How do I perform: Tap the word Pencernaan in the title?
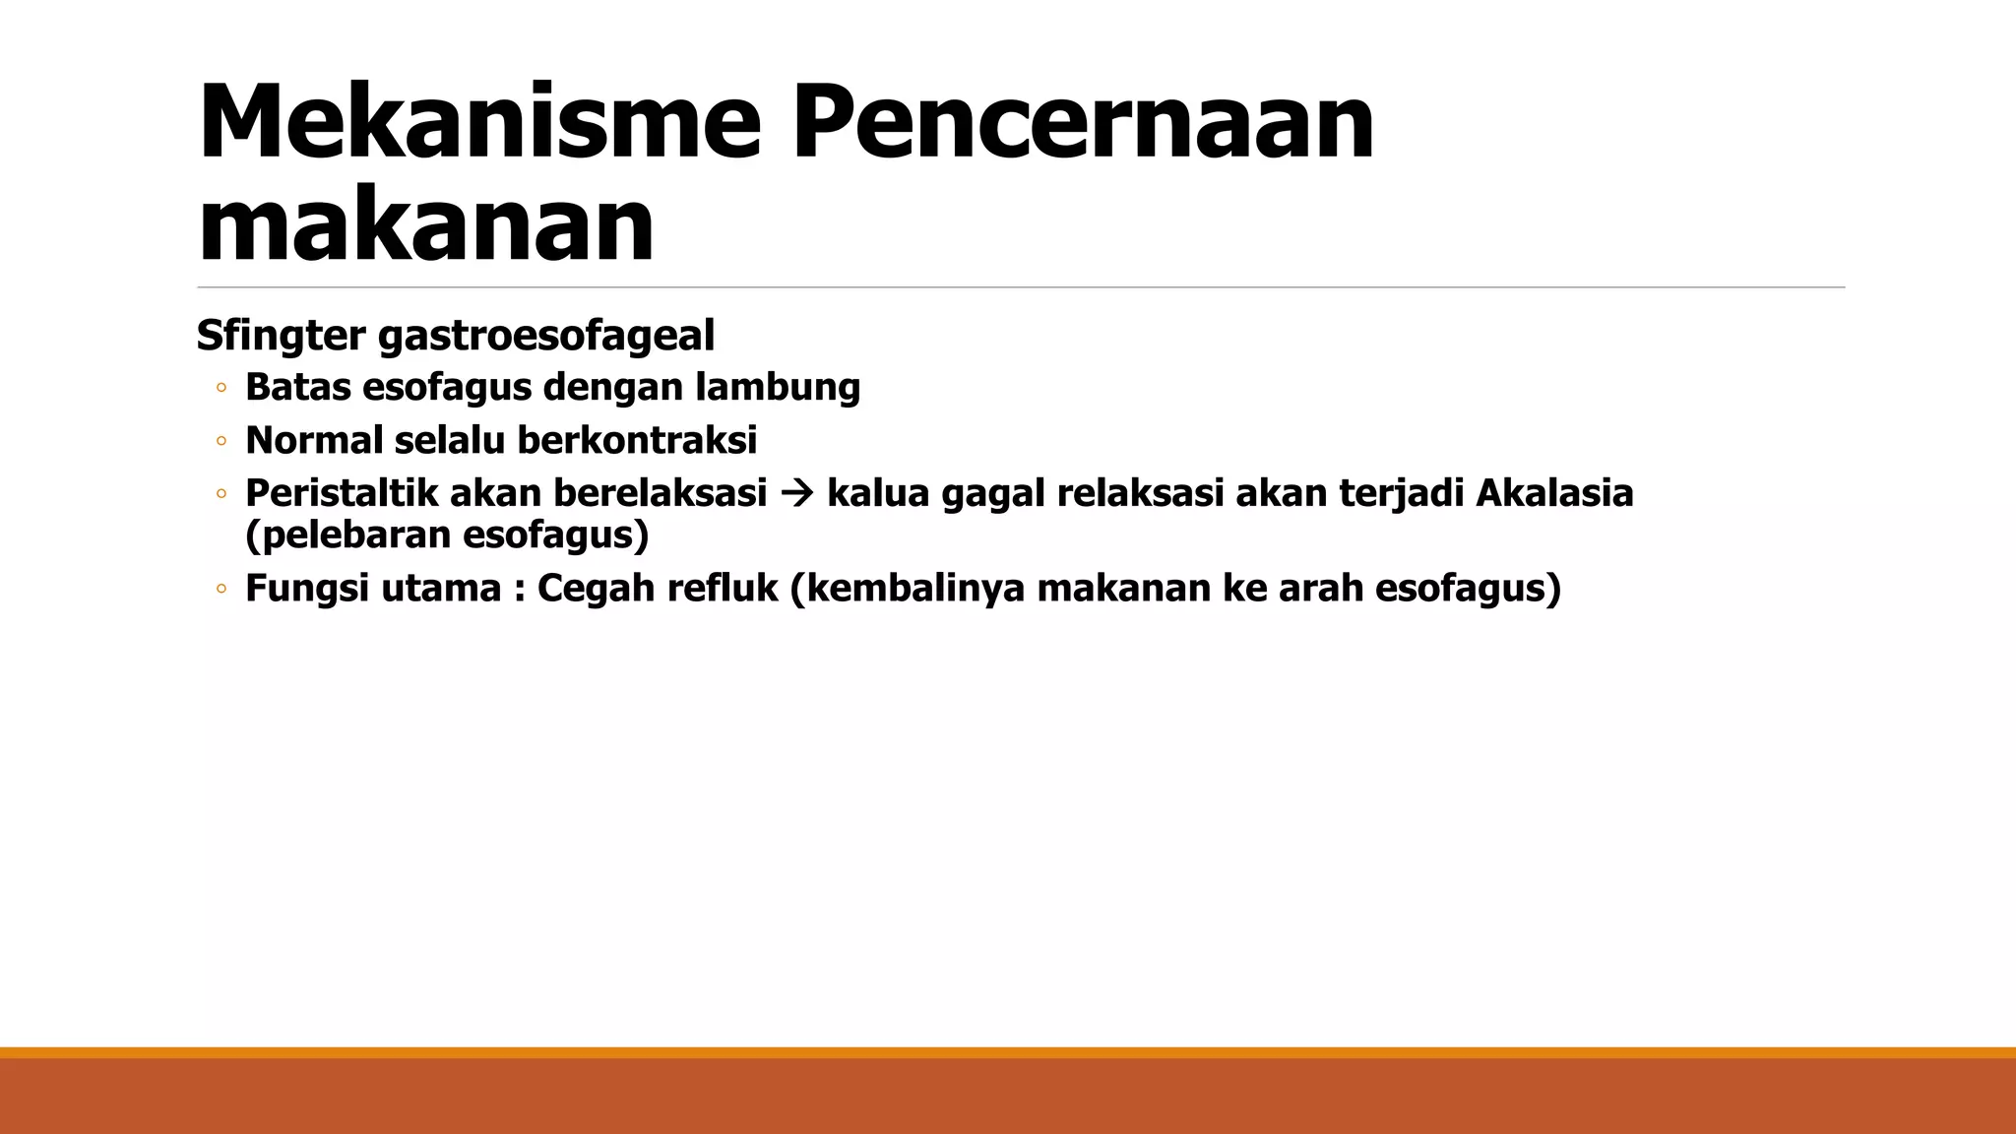[x=1082, y=122]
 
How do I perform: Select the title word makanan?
[x=425, y=225]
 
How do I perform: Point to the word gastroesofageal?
[x=546, y=336]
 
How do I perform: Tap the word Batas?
[x=297, y=388]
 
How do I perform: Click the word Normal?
[x=314, y=440]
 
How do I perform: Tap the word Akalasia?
[x=1554, y=493]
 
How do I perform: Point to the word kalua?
[x=878, y=493]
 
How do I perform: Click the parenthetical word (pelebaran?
[x=347, y=535]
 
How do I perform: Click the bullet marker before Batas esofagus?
[x=221, y=389]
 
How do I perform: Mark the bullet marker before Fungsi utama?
[x=221, y=590]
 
